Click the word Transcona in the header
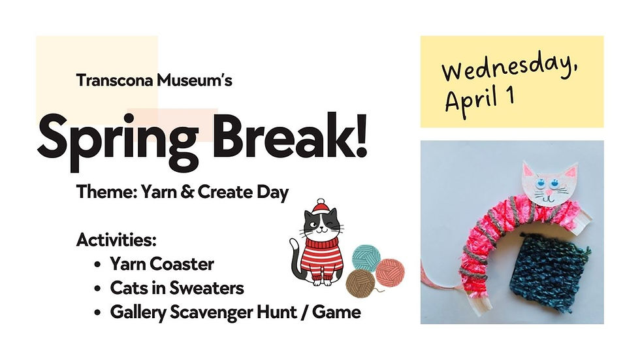click(112, 81)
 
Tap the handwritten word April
click(472, 100)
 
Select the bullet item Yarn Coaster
click(162, 264)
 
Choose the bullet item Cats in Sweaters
click(176, 288)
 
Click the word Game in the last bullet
click(336, 313)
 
